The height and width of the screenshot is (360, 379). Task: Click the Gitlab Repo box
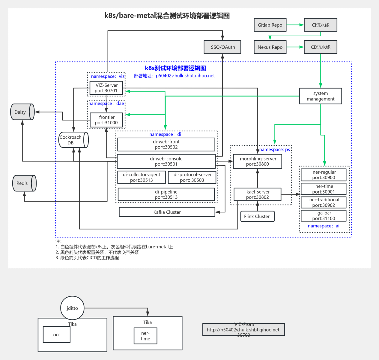[x=270, y=25]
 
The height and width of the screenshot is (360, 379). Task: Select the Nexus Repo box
[x=270, y=47]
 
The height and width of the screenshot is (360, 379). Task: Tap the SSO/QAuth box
[x=222, y=47]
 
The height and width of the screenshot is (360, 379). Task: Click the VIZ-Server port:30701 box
[x=106, y=88]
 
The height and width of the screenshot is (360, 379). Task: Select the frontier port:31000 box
[x=106, y=120]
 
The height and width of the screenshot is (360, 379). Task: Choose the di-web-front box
[x=166, y=144]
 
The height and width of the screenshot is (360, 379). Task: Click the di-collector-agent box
[x=142, y=177]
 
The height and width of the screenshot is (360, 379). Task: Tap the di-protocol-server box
[x=192, y=177]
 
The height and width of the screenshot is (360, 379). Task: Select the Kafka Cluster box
[x=167, y=212]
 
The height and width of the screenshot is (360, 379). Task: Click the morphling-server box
[x=258, y=161]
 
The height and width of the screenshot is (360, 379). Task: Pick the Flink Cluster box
[x=257, y=216]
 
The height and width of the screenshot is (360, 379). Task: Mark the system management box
[x=320, y=96]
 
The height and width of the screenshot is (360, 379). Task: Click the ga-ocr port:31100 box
[x=324, y=216]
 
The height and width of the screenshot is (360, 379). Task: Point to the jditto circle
[x=72, y=308]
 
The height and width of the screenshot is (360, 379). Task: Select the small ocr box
[x=56, y=334]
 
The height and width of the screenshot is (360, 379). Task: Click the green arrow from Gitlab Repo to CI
[x=295, y=25]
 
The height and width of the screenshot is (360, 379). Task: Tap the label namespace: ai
[x=324, y=226]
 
